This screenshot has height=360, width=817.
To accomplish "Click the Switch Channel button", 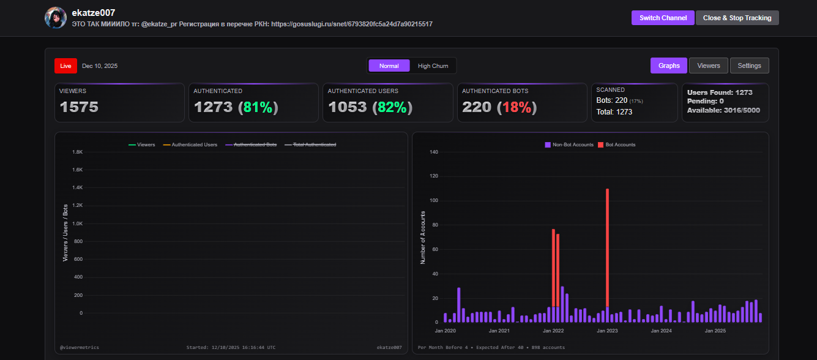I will [663, 18].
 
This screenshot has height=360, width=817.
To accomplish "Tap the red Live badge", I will [65, 66].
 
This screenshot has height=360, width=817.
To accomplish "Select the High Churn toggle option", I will [433, 66].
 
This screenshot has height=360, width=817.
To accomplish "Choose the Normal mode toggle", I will [389, 66].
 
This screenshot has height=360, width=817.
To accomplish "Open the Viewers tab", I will [709, 66].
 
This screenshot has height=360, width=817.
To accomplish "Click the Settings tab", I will [749, 66].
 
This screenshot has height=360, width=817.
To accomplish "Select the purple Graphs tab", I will [669, 66].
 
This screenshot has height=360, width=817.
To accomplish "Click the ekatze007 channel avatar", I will [56, 18].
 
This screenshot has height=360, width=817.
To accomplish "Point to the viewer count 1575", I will [79, 107].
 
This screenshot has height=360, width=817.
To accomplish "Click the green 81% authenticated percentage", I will [258, 107].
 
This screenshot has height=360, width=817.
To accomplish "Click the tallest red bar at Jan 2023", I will [607, 245].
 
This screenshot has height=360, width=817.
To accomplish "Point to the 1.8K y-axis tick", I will [78, 152].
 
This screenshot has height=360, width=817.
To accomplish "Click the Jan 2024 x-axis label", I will [661, 331].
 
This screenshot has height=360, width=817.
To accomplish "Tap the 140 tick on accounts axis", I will [434, 152].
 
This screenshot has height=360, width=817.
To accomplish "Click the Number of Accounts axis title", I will [422, 237].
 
